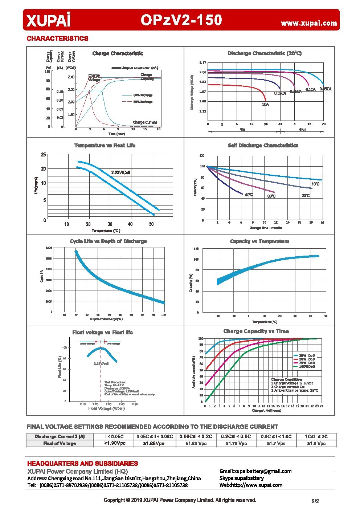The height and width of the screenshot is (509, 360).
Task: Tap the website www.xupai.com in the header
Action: click(309, 23)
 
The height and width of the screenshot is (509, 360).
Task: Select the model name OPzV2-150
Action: click(181, 20)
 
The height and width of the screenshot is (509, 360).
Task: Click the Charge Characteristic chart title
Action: click(118, 54)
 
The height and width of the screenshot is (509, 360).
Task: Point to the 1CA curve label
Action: click(265, 105)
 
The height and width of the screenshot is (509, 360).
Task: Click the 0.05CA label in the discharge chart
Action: click(325, 89)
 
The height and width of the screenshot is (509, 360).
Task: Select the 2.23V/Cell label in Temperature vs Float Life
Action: click(120, 172)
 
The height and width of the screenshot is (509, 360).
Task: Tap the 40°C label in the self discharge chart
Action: click(249, 195)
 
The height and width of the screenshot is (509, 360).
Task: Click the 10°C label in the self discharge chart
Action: click(315, 184)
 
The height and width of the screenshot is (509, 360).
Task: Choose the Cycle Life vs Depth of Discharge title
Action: click(108, 241)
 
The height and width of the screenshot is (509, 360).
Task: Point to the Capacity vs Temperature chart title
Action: click(259, 241)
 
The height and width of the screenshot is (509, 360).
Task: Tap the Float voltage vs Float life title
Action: click(102, 333)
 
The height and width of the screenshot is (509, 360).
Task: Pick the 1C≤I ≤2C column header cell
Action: click(316, 436)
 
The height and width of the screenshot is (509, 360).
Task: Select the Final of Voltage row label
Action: click(60, 443)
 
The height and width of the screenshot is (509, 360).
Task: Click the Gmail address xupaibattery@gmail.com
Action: click(255, 471)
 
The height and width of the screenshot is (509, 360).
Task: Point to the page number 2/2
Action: click(315, 501)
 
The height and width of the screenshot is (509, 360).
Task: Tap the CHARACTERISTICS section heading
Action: click(57, 38)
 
